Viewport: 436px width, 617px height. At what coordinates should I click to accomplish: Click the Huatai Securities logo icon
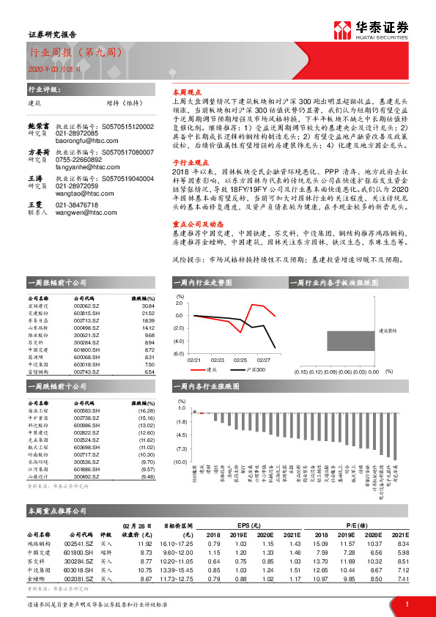pyautogui.click(x=342, y=29)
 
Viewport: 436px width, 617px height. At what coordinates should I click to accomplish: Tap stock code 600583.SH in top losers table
pyautogui.click(x=87, y=411)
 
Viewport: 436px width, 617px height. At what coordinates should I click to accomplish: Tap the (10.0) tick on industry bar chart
pyautogui.click(x=180, y=462)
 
